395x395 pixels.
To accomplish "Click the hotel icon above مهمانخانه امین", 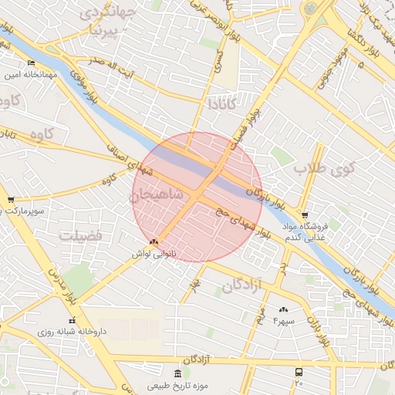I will pos(31,63).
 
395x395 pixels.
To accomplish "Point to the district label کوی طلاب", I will pos(322,167).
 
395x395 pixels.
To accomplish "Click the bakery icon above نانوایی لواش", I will pos(154,241).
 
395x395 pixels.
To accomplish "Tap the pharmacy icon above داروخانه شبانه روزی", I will pos(72,320).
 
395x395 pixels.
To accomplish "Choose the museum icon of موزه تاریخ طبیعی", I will pos(164,373).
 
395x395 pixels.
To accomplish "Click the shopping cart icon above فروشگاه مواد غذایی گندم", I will pos(305,215).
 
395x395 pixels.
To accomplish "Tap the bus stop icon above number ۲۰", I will pos(299,372).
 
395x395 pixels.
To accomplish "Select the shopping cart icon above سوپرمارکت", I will pos(10,200).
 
